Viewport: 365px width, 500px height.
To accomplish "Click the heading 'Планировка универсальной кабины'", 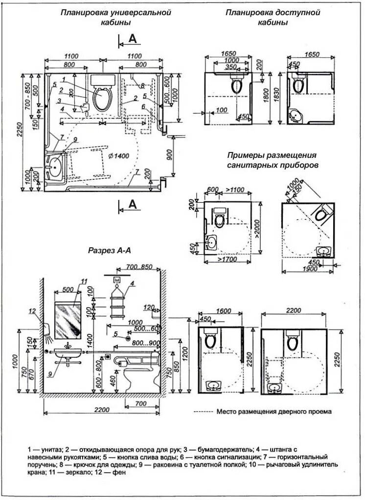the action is pyautogui.click(x=116, y=18).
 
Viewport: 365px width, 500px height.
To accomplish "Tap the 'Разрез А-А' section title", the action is pyautogui.click(x=109, y=250).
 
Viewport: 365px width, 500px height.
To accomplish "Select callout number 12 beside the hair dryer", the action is pyautogui.click(x=32, y=311).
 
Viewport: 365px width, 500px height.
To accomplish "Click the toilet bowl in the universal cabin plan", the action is pyautogui.click(x=102, y=97).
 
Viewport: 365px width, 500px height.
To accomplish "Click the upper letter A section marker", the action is pyautogui.click(x=133, y=39).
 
